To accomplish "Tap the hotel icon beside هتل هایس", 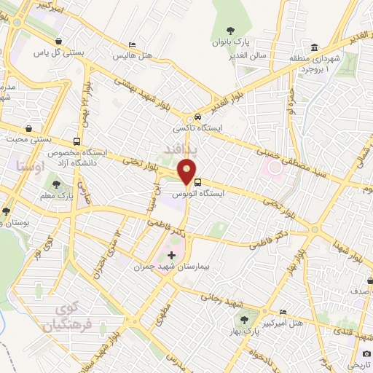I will [x=131, y=44].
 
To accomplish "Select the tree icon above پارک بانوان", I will [x=230, y=31].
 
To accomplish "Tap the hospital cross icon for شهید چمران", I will [x=171, y=255].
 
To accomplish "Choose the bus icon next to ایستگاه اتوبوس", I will [x=198, y=183].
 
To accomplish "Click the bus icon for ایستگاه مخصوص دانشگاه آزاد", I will [x=77, y=141].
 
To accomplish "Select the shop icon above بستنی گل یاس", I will [x=67, y=42].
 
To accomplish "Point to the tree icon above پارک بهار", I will [x=245, y=320].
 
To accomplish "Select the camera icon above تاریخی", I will [x=365, y=352].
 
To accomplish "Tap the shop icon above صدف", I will [x=369, y=280].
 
